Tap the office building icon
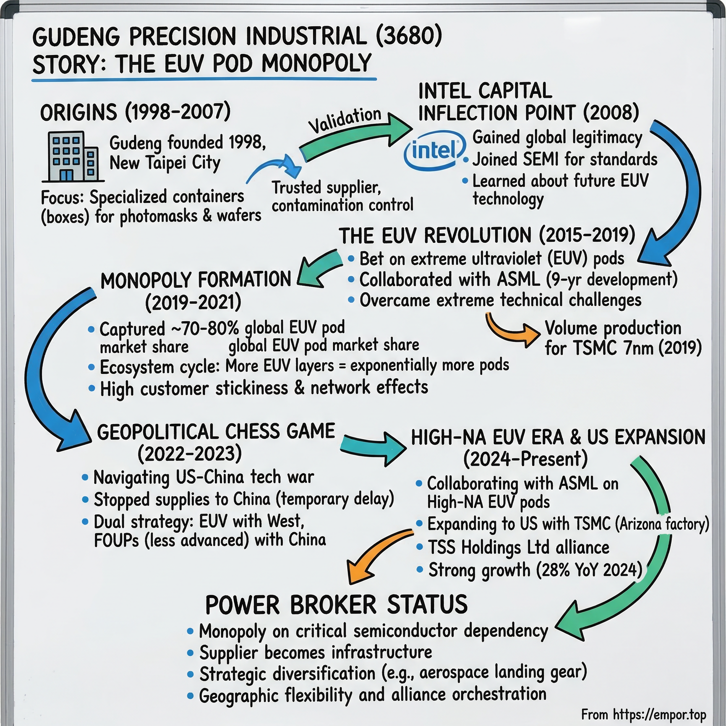(73, 157)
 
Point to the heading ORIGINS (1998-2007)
(135, 112)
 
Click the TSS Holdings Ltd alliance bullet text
(519, 547)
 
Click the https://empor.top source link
(659, 714)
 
